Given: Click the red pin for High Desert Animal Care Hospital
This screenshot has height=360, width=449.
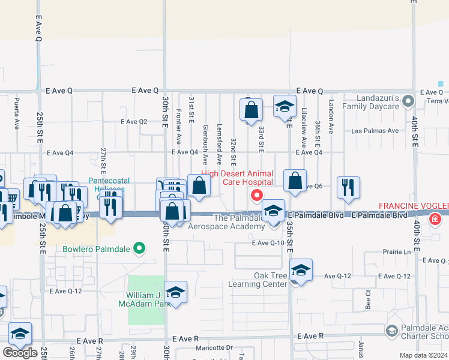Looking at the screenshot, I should (x=257, y=196).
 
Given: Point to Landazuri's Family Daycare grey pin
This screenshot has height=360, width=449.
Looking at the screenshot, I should (x=408, y=100).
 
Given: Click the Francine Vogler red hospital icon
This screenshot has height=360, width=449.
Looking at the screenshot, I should (x=435, y=220).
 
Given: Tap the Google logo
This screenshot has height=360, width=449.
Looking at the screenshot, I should (x=20, y=353).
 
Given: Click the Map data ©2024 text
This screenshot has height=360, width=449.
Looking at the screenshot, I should (x=424, y=355).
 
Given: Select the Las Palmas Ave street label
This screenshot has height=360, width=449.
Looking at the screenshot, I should (x=375, y=131).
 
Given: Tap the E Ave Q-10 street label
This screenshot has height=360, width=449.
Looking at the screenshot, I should (x=268, y=243).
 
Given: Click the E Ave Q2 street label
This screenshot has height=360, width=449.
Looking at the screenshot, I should (x=134, y=121).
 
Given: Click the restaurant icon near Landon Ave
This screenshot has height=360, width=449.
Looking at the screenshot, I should (x=348, y=188).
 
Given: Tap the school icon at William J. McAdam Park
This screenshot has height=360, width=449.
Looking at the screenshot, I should (x=176, y=292).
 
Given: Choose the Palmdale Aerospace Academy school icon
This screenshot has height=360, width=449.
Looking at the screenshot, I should (x=273, y=211).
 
